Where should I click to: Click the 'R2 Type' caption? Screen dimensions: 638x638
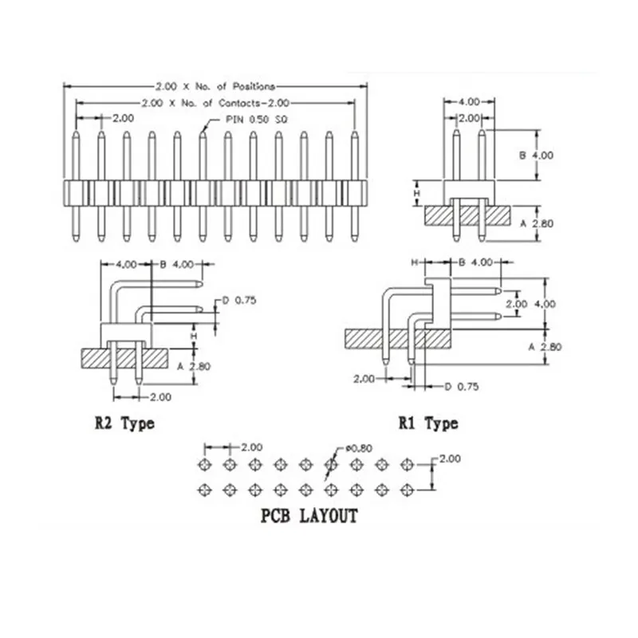click(x=125, y=424)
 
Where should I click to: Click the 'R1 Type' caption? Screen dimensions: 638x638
click(x=428, y=424)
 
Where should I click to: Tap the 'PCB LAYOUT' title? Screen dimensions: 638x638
click(x=309, y=516)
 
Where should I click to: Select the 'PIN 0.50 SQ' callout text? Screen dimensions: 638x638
click(x=256, y=119)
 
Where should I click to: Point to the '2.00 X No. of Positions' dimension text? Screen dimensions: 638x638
click(x=215, y=86)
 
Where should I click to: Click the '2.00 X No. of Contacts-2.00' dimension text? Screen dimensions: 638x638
click(x=215, y=103)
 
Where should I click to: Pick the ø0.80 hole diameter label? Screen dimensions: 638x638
click(x=359, y=448)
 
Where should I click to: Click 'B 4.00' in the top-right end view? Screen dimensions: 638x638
click(x=536, y=155)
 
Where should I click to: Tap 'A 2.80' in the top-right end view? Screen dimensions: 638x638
click(x=537, y=223)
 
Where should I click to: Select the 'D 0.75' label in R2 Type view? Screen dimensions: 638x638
click(x=239, y=301)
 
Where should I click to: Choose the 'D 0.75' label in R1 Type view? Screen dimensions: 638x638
click(x=462, y=387)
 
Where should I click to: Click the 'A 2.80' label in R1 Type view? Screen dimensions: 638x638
click(x=545, y=347)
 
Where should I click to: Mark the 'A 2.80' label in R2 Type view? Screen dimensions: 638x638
click(x=194, y=367)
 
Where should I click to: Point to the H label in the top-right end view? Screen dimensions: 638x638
click(x=416, y=193)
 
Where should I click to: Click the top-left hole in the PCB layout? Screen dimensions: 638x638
click(x=204, y=465)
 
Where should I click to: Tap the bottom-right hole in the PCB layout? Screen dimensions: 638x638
click(x=407, y=490)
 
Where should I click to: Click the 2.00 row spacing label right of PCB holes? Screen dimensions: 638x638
click(x=450, y=459)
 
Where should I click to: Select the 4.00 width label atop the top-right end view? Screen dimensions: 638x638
click(x=469, y=102)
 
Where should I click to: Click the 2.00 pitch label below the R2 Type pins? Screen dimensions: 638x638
click(x=161, y=397)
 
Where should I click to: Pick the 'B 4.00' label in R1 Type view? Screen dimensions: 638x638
click(x=475, y=262)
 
